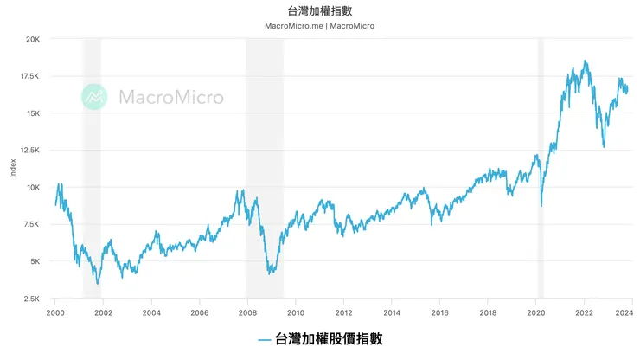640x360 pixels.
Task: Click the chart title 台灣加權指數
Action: click(319, 10)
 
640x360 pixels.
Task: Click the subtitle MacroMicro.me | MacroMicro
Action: click(319, 26)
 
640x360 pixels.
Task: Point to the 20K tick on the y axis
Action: click(31, 40)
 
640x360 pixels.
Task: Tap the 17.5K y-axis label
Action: click(29, 76)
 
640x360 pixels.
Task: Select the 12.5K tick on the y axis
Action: click(29, 151)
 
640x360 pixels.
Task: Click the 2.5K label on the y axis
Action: click(31, 299)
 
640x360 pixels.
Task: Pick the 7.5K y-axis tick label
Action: click(31, 225)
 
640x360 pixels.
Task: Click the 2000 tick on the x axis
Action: click(55, 312)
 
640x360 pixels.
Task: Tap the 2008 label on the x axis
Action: click(247, 312)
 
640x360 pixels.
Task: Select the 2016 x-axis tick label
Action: click(439, 312)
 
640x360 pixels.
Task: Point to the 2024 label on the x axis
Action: click(630, 312)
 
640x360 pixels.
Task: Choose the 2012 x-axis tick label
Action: click(343, 312)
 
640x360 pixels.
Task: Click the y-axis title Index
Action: click(13, 169)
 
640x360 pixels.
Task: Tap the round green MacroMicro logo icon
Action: click(95, 97)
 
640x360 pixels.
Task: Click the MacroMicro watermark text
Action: click(170, 97)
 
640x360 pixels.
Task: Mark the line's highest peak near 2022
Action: click(586, 61)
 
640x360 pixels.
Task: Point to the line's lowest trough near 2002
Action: click(98, 283)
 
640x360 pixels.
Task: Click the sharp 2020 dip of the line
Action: click(541, 206)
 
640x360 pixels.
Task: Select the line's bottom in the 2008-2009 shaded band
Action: click(271, 273)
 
